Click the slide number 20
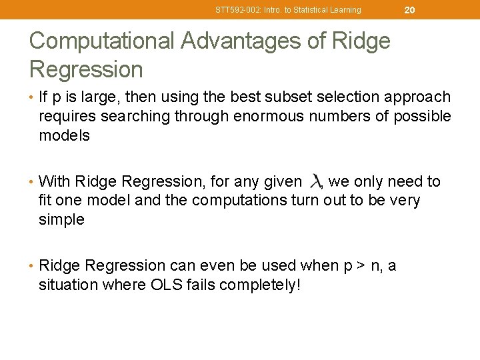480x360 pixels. pyautogui.click(x=409, y=9)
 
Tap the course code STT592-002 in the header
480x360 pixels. pyautogui.click(x=237, y=10)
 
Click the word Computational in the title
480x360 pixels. pyautogui.click(x=100, y=41)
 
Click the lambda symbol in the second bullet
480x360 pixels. pyautogui.click(x=316, y=181)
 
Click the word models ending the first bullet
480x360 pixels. pyautogui.click(x=64, y=135)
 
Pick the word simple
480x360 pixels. pyautogui.click(x=62, y=219)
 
